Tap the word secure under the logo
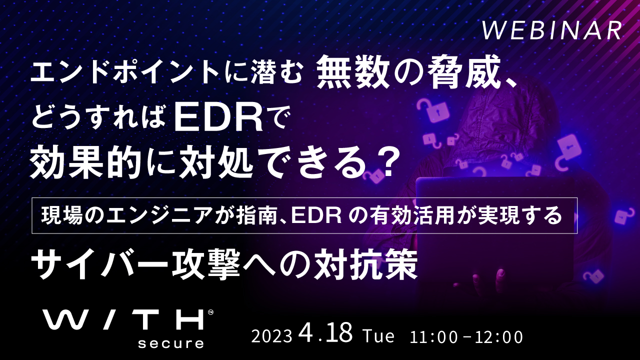point(171,343)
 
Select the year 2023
point(271,337)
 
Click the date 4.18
point(325,333)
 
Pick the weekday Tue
point(378,336)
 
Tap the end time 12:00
point(499,337)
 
